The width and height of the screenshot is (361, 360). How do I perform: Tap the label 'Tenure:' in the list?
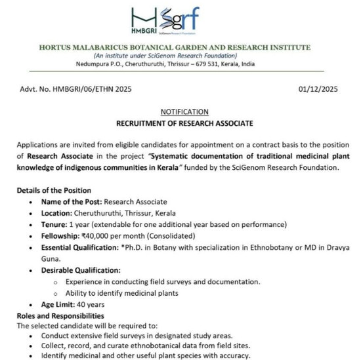point(57,224)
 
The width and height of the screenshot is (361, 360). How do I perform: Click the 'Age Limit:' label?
point(62,305)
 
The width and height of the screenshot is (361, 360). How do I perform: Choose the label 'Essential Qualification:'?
point(86,247)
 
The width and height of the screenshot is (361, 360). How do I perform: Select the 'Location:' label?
point(60,212)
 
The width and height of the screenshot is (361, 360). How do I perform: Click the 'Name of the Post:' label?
point(72,201)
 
